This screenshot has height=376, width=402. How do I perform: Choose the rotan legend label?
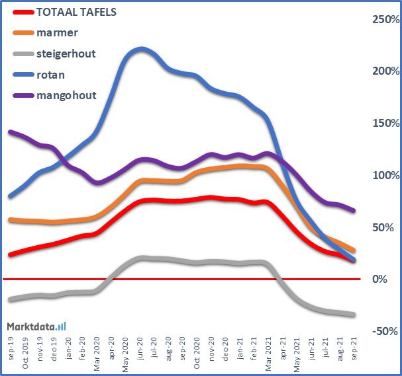tap(51, 75)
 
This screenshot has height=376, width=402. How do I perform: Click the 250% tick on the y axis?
tap(385, 20)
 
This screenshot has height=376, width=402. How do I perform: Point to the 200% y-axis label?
tap(385, 71)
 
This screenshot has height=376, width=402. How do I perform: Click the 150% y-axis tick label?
tap(385, 124)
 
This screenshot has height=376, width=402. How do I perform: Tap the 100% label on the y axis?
tap(385, 176)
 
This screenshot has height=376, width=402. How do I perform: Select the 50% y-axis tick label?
tap(387, 227)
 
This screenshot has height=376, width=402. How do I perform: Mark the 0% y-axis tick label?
tap(389, 280)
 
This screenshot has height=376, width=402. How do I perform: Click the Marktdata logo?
tap(36, 326)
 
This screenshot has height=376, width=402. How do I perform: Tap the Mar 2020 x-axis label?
tap(97, 345)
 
